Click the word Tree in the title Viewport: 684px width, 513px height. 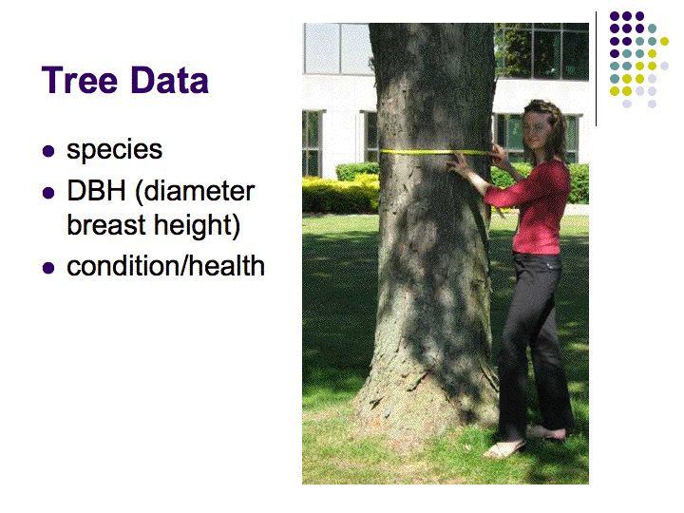80,80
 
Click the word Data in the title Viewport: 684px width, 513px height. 169,80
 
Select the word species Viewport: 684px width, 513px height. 114,150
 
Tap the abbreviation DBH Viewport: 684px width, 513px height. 96,191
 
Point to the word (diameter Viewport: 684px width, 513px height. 195,192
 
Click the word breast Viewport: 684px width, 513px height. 106,224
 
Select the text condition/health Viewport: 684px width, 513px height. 165,266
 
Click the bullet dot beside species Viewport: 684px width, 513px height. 48,151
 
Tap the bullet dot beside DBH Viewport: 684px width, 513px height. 48,192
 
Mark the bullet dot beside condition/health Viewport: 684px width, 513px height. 48,267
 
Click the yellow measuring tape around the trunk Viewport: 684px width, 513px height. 436,152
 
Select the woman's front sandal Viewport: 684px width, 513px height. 503,449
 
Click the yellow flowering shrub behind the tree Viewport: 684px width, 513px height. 340,195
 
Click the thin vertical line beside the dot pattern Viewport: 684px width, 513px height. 596,69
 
